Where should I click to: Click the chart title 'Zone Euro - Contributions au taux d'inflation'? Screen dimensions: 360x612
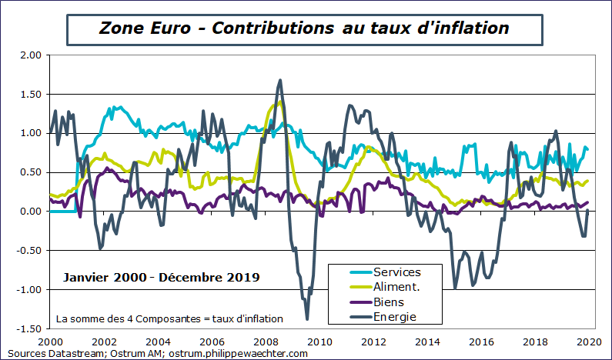(304, 28)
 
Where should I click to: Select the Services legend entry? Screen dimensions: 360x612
(397, 272)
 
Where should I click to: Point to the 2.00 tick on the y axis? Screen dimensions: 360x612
(30, 55)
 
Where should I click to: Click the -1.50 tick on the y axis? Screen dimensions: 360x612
(28, 328)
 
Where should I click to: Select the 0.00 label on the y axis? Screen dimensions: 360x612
(30, 212)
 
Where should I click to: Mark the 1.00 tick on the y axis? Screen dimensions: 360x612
(30, 133)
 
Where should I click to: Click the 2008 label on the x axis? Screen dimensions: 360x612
(266, 341)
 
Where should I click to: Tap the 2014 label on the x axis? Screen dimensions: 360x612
(427, 341)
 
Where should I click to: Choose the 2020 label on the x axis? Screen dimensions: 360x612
(589, 341)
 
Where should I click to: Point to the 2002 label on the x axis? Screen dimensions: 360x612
(104, 341)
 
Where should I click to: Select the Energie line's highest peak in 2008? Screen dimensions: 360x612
(279, 80)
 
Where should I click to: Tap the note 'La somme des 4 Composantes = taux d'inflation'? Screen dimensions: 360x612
(170, 318)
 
